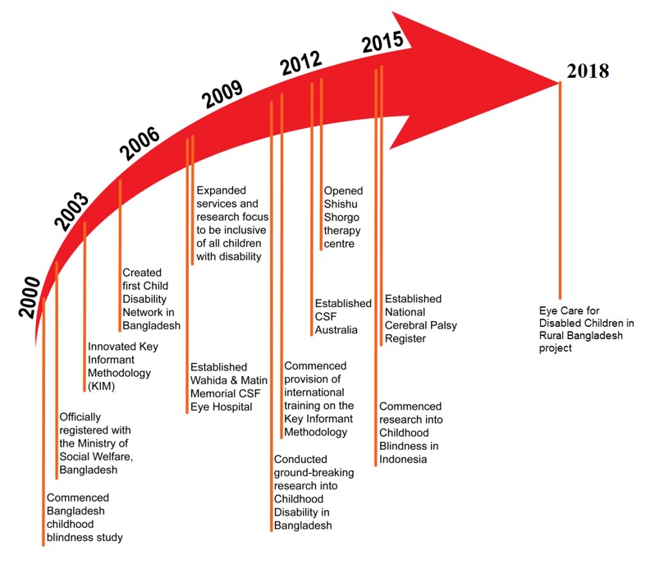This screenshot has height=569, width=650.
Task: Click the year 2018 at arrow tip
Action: coord(587,71)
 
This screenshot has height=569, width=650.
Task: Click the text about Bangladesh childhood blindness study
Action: coord(85,517)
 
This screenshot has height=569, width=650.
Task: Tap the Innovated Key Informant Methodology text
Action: coord(123,358)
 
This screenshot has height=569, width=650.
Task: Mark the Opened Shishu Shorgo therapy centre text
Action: coord(343,217)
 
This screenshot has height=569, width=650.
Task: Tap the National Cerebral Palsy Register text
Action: coord(421,319)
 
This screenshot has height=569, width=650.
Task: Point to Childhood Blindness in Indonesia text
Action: coord(410,433)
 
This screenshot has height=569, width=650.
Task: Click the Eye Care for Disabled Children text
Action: coord(586,329)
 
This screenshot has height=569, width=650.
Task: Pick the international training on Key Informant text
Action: coord(319,398)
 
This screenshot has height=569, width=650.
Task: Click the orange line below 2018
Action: coord(561,189)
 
